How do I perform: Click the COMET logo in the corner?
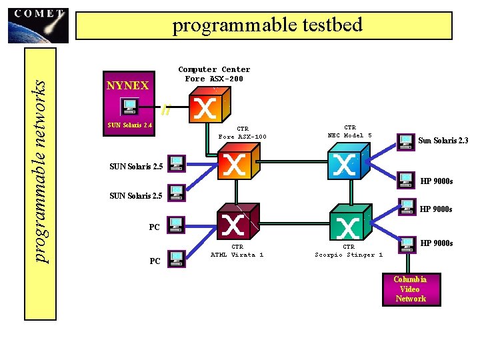coord(39,25)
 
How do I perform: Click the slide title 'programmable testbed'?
coord(267,25)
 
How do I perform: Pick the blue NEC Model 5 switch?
coord(343,163)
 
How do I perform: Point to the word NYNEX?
coord(127,86)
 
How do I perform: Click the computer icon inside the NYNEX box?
coord(129,106)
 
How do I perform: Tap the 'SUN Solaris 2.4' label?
coord(130,125)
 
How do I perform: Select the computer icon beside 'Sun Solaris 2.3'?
coord(405,141)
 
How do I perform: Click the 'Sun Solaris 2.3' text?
coord(443,141)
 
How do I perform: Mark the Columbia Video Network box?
coord(410,289)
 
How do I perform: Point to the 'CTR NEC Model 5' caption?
coord(349,131)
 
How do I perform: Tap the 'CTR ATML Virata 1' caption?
coord(237,251)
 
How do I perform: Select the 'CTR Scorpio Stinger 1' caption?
coord(349,251)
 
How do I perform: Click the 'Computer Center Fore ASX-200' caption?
coord(214,74)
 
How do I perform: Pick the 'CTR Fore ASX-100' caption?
coord(242,133)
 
